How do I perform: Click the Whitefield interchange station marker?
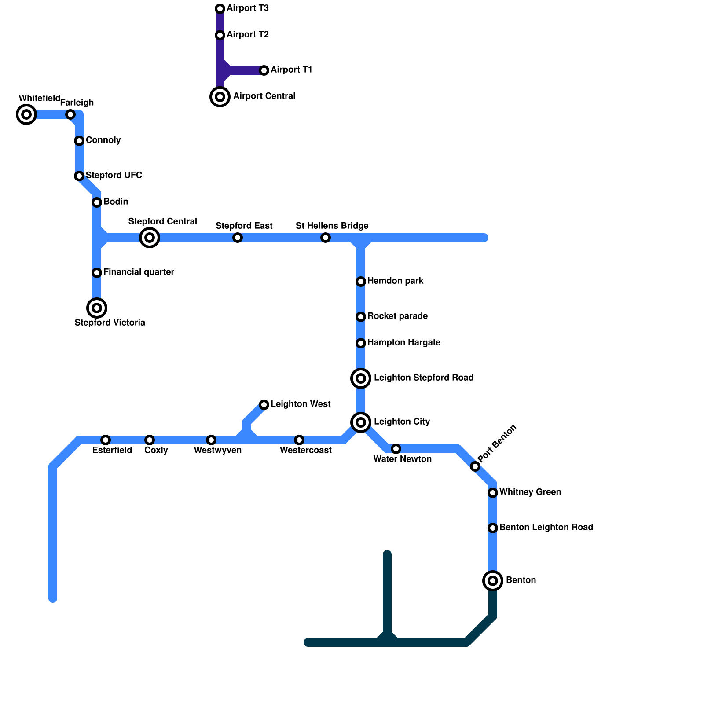click(x=26, y=114)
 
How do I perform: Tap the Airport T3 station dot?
click(x=220, y=9)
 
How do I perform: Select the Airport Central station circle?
click(x=220, y=97)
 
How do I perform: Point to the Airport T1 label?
click(x=291, y=70)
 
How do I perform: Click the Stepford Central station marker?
click(x=150, y=238)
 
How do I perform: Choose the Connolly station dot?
click(x=79, y=141)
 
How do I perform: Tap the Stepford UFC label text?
click(x=114, y=176)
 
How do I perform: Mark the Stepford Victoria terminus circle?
click(x=97, y=308)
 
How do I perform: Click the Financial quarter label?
click(x=139, y=272)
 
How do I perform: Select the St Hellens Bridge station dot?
click(x=326, y=238)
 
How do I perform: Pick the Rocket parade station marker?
click(x=361, y=317)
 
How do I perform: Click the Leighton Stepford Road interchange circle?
click(x=361, y=378)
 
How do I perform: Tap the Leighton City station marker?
click(x=361, y=422)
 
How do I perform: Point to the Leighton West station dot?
click(x=264, y=405)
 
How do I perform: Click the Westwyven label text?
click(x=217, y=451)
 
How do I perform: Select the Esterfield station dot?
click(x=106, y=440)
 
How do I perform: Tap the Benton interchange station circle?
click(x=493, y=581)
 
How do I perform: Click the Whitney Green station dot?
click(x=493, y=493)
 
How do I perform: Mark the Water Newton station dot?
click(x=396, y=449)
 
